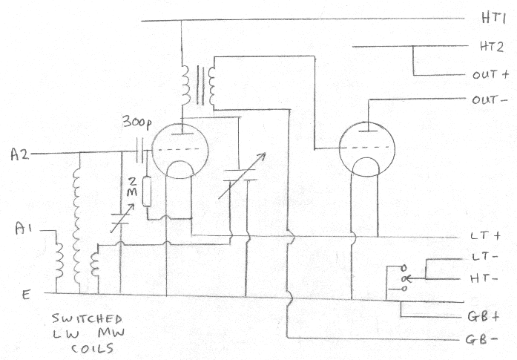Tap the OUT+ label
pos(490,75)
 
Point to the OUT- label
pos(490,99)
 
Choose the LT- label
pos(484,258)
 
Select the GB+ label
pos(486,316)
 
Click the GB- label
pos(486,343)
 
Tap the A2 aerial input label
pos(20,154)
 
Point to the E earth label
pos(27,295)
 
